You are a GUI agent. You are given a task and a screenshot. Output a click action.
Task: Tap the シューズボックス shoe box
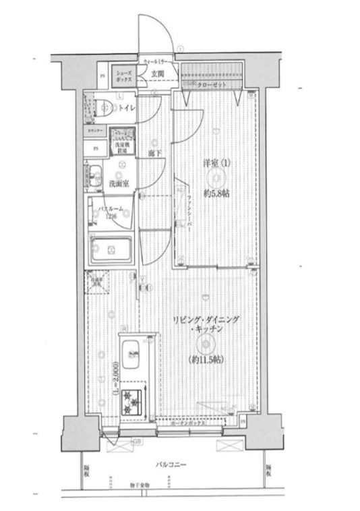point(123,76)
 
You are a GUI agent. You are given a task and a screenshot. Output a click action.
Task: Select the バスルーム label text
point(110,210)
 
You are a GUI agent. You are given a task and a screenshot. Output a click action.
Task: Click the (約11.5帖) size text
point(206,360)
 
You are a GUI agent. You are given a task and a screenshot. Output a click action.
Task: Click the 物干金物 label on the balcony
point(142,485)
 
